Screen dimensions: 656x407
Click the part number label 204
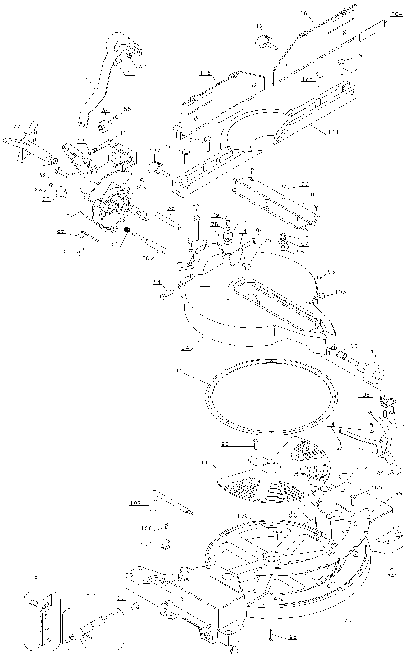tap(396, 14)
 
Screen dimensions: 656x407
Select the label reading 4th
tap(360, 70)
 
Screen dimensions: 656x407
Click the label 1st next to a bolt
tap(307, 79)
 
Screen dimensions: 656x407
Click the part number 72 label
tap(17, 127)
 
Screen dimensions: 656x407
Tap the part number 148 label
tap(207, 462)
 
